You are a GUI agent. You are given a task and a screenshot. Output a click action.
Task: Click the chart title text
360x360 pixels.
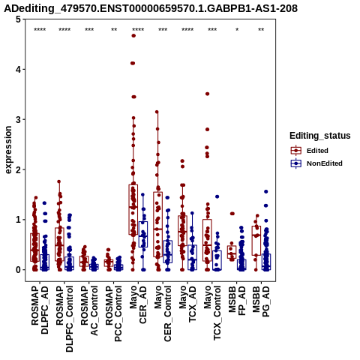coord(151,8)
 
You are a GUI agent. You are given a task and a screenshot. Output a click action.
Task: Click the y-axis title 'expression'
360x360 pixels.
coord(8,150)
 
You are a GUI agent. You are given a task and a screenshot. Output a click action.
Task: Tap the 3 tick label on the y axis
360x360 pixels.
coord(18,119)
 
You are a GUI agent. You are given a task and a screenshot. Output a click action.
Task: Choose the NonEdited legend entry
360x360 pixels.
coord(316,163)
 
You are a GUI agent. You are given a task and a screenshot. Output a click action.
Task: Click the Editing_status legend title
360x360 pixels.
coord(320,136)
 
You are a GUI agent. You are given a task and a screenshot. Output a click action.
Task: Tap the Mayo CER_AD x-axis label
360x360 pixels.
coord(138,305)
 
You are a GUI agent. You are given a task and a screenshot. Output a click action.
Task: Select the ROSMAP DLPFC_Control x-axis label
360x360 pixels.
coord(64,319)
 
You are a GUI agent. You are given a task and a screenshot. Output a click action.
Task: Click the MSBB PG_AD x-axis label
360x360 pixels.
coord(261,301)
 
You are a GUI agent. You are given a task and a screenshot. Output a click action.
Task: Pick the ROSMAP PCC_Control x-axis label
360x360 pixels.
coord(113,313)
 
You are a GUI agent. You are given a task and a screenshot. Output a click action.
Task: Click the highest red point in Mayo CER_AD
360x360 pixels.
coord(133,36)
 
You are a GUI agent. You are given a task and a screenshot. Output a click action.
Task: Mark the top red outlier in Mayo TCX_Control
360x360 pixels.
coord(207,94)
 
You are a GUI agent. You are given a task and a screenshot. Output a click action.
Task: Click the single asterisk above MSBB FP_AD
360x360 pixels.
coord(237,30)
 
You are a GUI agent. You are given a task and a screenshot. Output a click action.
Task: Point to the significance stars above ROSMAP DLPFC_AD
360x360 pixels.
coord(40,30)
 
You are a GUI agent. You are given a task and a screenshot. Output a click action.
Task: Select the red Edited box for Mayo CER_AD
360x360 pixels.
coord(133,209)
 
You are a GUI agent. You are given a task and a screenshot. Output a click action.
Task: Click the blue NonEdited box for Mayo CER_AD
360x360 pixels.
coord(143,234)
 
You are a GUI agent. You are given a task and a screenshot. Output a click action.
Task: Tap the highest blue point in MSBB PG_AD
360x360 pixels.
coord(266,192)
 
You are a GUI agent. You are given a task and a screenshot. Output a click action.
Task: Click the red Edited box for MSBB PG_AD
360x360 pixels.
coord(256,241)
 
